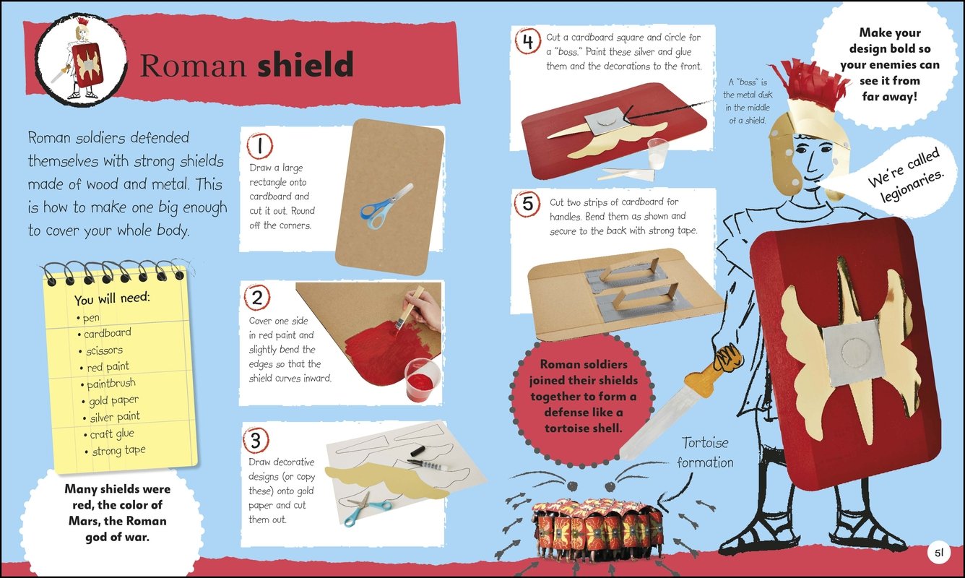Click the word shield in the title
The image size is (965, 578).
tap(306, 64)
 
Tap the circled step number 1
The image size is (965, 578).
tap(259, 146)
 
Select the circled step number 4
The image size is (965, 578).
tap(528, 41)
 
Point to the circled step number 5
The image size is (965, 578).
tap(527, 204)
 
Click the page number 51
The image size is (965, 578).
tap(939, 553)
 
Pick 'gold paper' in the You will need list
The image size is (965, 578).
tap(113, 400)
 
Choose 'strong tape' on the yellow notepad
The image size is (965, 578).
tap(119, 450)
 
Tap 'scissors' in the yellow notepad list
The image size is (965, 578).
tap(104, 350)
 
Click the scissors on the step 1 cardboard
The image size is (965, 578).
tap(386, 206)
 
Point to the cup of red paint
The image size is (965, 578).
tap(422, 380)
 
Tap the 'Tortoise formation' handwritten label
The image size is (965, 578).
tap(705, 452)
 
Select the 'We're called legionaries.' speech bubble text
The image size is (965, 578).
tap(906, 176)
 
